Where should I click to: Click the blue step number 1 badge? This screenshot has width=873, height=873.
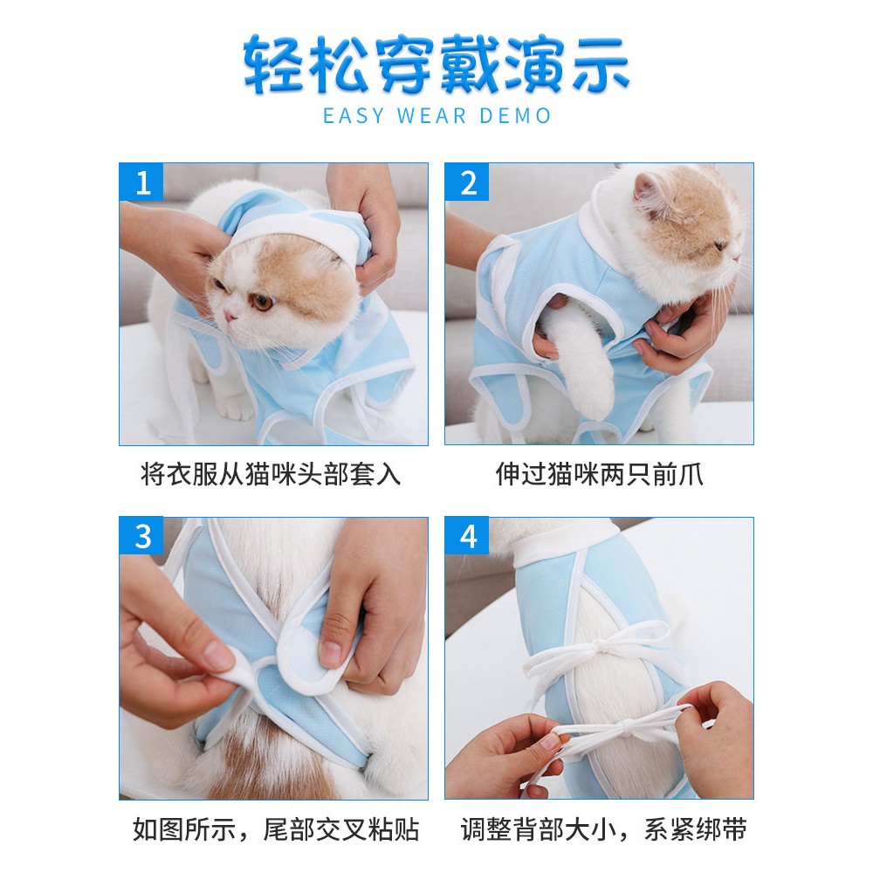141,182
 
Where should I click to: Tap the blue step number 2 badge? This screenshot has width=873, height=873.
467,182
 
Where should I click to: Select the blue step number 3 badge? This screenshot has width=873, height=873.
141,536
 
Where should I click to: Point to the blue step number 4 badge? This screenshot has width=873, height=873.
467,536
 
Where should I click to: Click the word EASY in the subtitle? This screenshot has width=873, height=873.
354,116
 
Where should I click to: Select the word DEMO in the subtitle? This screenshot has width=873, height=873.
516,116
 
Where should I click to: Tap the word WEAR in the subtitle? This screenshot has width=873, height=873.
431,116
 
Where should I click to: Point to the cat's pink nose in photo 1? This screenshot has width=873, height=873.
229,316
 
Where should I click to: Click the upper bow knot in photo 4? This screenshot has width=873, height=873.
601,648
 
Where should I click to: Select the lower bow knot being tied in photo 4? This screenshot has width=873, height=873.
626,725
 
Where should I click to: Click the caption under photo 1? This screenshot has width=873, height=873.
271,475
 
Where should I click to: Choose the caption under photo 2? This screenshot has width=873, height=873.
599,475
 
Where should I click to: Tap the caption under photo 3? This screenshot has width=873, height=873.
276,829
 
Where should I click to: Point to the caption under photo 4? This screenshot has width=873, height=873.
603,829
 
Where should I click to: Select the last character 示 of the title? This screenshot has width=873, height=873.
601,65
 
